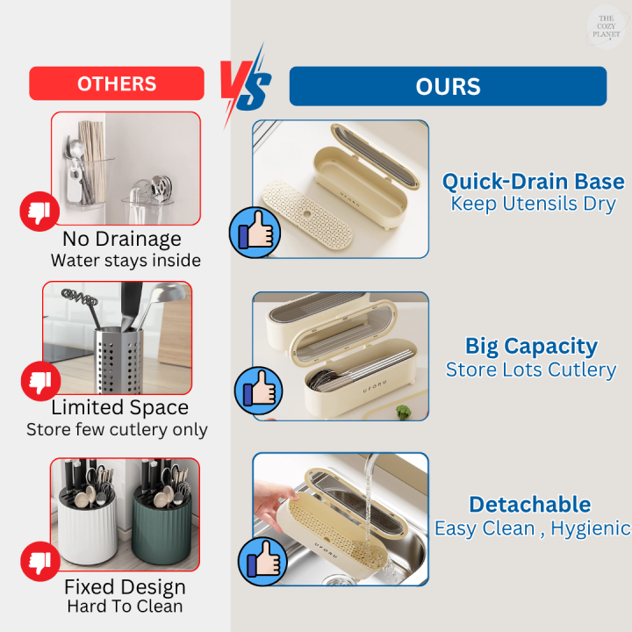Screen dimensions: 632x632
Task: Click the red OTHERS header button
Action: pos(117,83)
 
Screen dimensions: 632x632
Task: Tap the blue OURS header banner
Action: pos(448,86)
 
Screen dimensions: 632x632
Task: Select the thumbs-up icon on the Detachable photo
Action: pos(262,559)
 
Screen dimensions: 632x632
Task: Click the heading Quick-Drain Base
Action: pos(533,182)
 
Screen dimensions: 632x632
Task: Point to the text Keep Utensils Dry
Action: pos(533,204)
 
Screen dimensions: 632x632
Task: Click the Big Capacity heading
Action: pos(531,346)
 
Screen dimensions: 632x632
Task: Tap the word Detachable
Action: pos(529,505)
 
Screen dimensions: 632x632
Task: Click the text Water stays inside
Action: pos(126,260)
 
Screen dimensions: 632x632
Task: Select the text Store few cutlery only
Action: pos(117,430)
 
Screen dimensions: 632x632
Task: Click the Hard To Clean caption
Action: pos(125,607)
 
